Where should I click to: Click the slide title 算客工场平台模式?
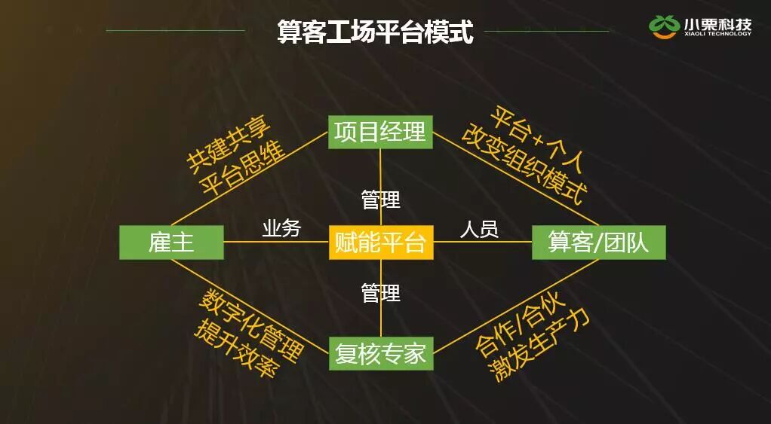coord(375,32)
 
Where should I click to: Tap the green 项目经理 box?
coord(380,132)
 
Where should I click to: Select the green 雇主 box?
coord(171,243)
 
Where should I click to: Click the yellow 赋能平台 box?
coord(381,243)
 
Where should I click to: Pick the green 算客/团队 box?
coord(598,243)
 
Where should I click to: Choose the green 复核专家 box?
coord(381,353)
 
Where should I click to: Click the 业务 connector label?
coord(281,228)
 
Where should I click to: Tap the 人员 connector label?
coord(479,228)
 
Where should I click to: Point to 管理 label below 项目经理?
coord(381,200)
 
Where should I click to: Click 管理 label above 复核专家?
coord(381,293)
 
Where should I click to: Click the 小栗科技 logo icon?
coord(664,26)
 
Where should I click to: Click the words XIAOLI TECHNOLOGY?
coord(717,34)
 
